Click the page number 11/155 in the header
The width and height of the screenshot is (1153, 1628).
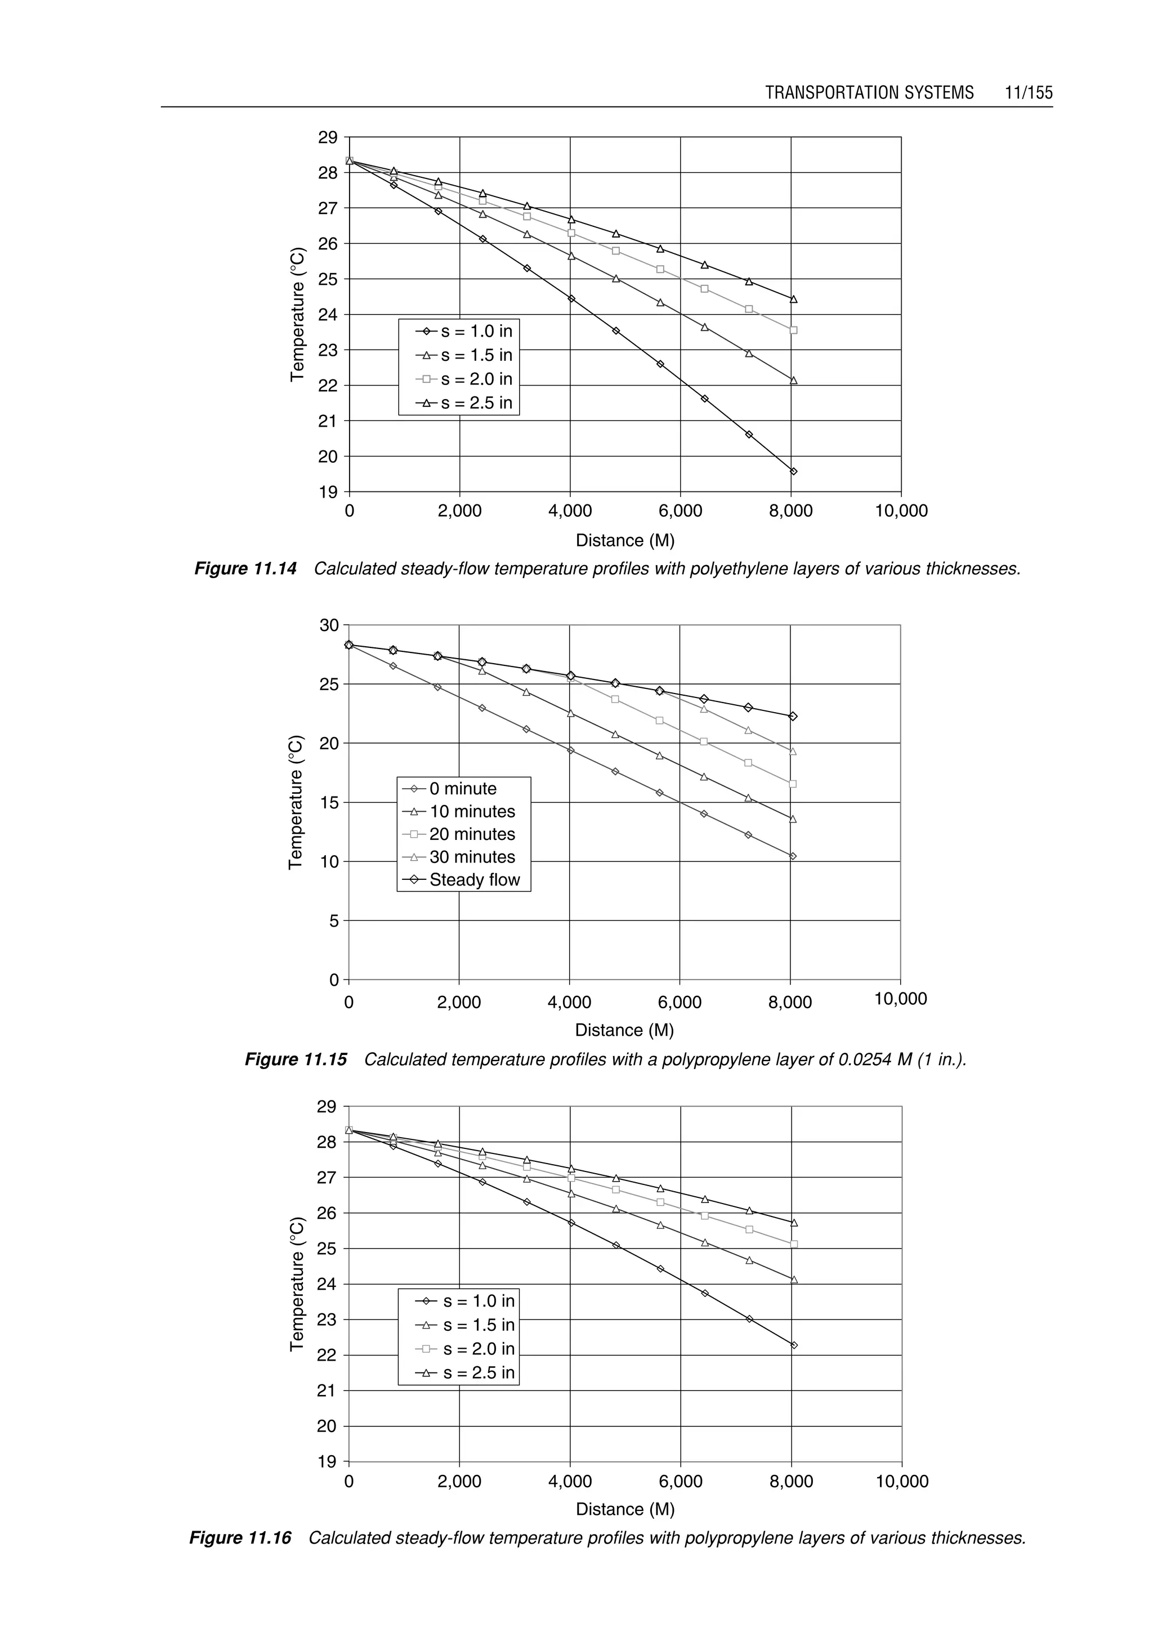coord(1028,93)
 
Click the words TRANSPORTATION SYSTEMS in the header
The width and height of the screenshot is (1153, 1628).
coord(869,93)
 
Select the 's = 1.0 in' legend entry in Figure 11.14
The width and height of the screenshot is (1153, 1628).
coord(467,332)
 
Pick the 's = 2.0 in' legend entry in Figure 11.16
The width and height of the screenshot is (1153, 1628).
coord(468,1349)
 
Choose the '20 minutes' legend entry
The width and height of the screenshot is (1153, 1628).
coord(462,834)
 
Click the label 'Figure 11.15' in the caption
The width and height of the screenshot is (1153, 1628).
coord(296,1060)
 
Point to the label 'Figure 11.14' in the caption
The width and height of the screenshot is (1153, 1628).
coord(245,570)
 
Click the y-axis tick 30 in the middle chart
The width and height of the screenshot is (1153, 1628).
coord(329,625)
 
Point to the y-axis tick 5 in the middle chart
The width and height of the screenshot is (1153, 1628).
coord(334,921)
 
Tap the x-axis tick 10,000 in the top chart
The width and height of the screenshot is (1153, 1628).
coord(901,511)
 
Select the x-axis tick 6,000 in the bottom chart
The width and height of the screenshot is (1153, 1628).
coord(680,1482)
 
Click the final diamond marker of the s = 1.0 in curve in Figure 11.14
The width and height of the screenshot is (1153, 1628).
coord(793,471)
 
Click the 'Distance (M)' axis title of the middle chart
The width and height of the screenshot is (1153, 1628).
coord(624,1030)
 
